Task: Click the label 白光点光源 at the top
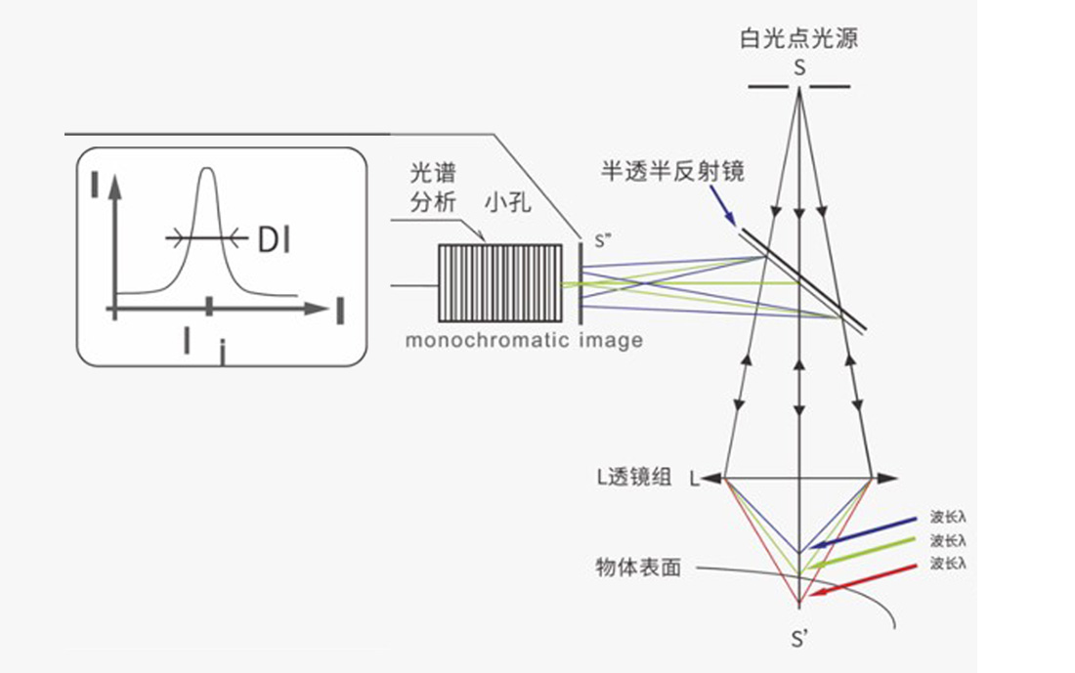(799, 39)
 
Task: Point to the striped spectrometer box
(499, 283)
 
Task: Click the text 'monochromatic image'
(524, 341)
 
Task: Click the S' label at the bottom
(798, 640)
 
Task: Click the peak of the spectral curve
(206, 172)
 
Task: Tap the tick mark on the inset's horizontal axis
(208, 308)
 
